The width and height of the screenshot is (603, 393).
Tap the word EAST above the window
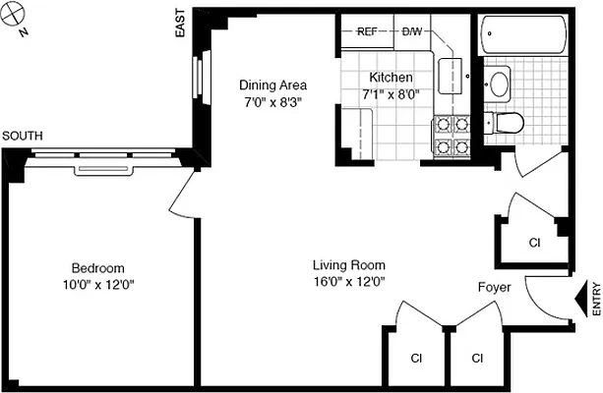[180, 27]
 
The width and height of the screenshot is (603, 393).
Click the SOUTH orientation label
[23, 136]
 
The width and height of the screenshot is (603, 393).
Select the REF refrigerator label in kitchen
[368, 31]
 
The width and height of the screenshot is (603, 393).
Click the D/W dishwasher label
[412, 31]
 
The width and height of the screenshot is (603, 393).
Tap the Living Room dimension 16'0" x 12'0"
[348, 282]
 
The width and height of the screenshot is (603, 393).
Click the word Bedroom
[97, 268]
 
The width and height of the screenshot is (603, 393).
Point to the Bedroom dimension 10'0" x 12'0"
[97, 285]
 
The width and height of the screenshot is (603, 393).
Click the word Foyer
[493, 288]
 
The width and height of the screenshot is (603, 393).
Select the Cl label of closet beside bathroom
[534, 243]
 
